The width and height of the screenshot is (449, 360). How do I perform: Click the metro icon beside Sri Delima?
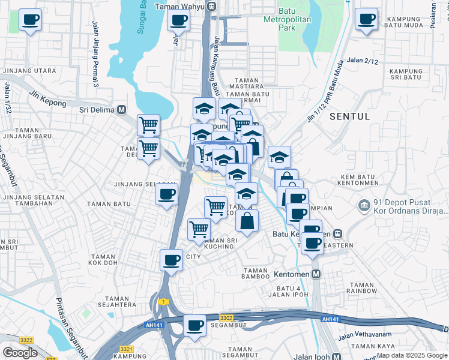(x=122, y=110)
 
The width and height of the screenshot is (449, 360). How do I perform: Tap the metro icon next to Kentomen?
(x=316, y=274)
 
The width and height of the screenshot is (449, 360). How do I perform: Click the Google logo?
(x=19, y=352)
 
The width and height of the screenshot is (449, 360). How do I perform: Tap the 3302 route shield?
(x=226, y=317)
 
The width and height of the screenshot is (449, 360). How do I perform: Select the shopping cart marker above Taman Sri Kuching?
(x=199, y=229)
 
